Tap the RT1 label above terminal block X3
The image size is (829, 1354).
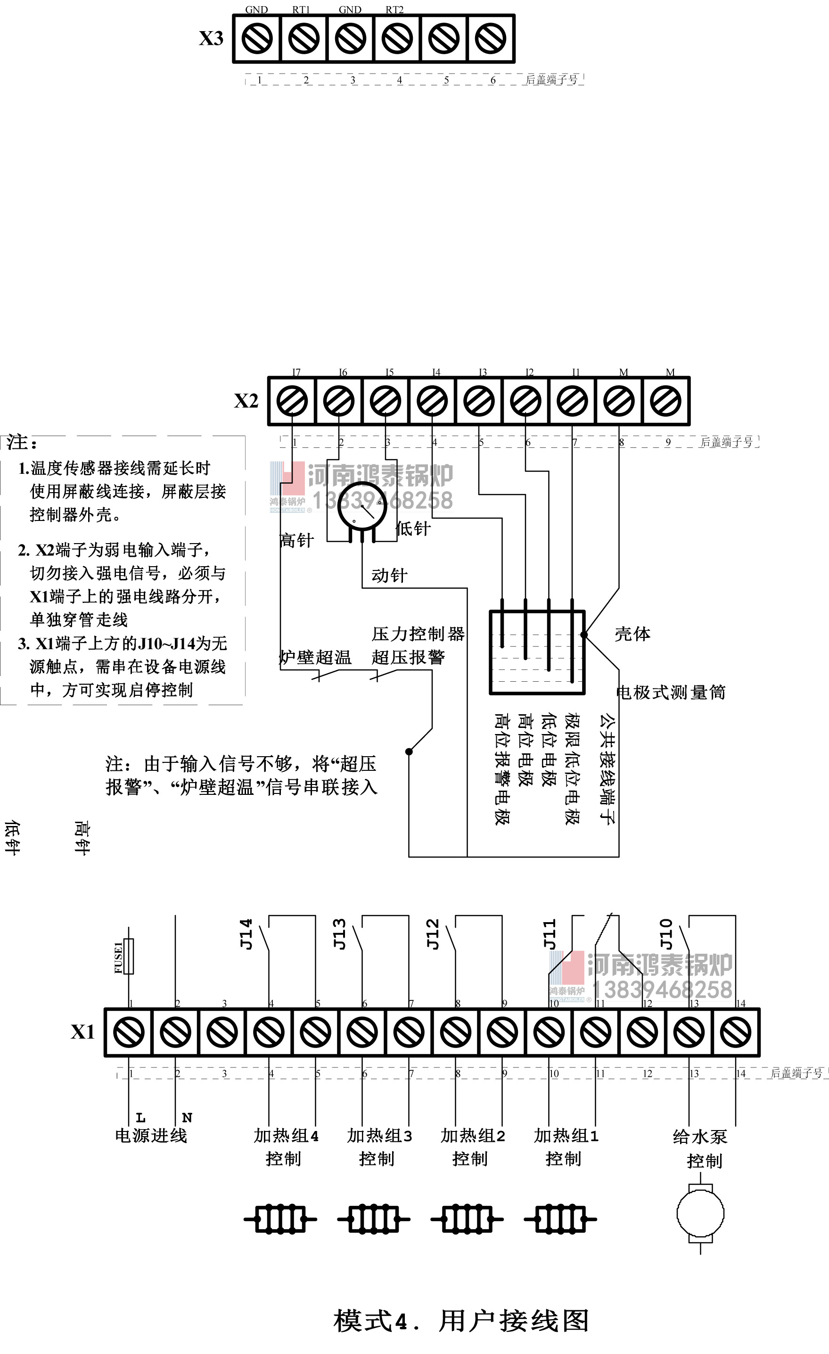click(x=301, y=9)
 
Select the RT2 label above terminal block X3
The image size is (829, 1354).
click(x=394, y=9)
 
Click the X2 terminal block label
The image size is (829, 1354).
click(x=246, y=401)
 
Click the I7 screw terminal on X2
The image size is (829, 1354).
click(x=292, y=401)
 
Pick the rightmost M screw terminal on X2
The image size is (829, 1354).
click(x=665, y=401)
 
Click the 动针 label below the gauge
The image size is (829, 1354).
click(x=389, y=575)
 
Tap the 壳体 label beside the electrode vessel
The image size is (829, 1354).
click(x=632, y=634)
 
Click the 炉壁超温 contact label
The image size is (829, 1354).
click(x=315, y=657)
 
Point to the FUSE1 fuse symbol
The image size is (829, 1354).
click(x=129, y=957)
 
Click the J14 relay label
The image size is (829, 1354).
click(x=246, y=934)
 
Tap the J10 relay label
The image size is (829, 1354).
click(x=666, y=934)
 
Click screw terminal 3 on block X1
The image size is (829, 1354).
click(x=222, y=1032)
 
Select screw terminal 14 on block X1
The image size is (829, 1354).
click(x=736, y=1032)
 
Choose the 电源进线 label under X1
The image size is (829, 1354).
click(x=151, y=1136)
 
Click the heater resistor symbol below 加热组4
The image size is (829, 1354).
click(x=280, y=1219)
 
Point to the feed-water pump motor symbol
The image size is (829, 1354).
click(x=700, y=1214)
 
